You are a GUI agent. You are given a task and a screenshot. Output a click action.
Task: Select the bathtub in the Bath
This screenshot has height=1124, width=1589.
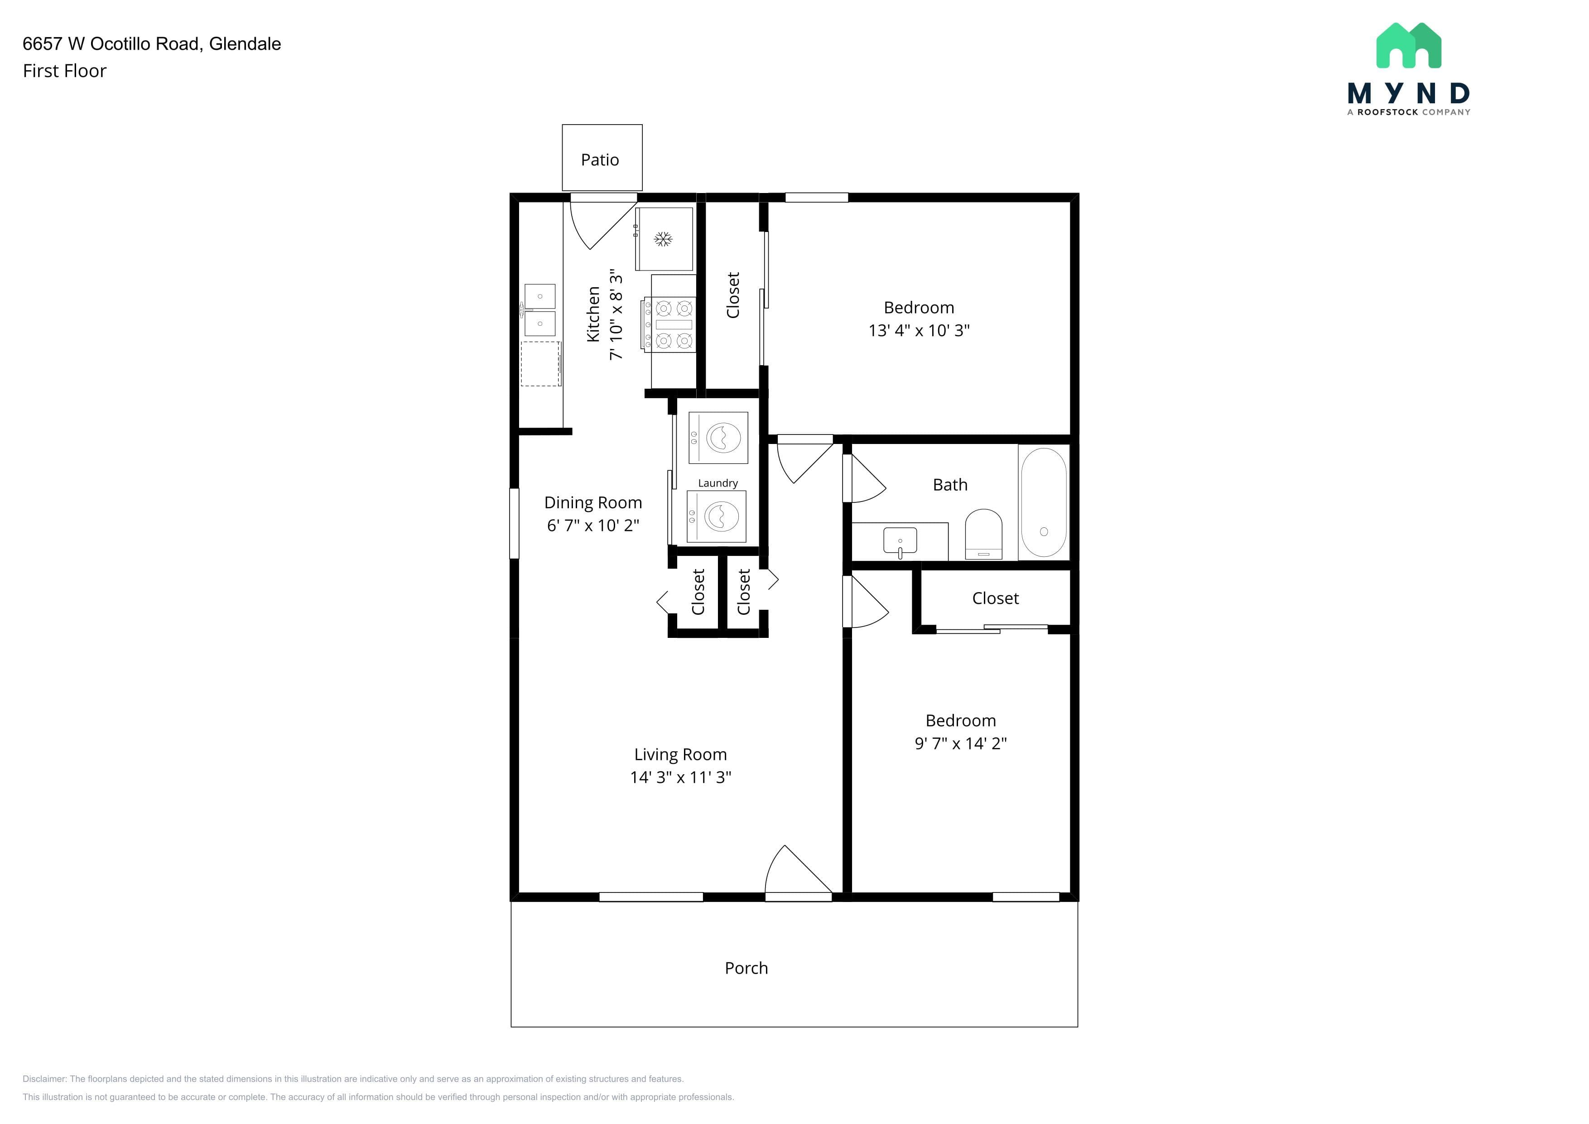point(1044,502)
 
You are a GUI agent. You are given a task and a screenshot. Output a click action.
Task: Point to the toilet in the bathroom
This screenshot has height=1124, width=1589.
point(983,534)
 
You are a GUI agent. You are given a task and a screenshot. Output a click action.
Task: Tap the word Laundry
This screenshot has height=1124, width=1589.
point(717,483)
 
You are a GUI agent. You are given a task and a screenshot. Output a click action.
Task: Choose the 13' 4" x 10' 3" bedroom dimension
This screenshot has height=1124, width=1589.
point(919,331)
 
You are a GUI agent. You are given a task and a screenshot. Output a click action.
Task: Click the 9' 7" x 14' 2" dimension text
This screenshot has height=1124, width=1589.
point(961,743)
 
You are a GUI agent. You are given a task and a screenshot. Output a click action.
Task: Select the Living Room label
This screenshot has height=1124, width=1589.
point(680,754)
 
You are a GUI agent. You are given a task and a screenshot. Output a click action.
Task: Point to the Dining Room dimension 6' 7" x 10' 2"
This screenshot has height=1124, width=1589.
point(593,526)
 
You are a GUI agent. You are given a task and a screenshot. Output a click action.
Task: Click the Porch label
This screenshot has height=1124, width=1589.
point(746,968)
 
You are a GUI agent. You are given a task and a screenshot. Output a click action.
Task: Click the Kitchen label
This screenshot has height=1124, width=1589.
point(593,314)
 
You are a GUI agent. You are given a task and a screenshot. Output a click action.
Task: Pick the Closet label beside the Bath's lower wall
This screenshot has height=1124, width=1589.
point(995,598)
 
